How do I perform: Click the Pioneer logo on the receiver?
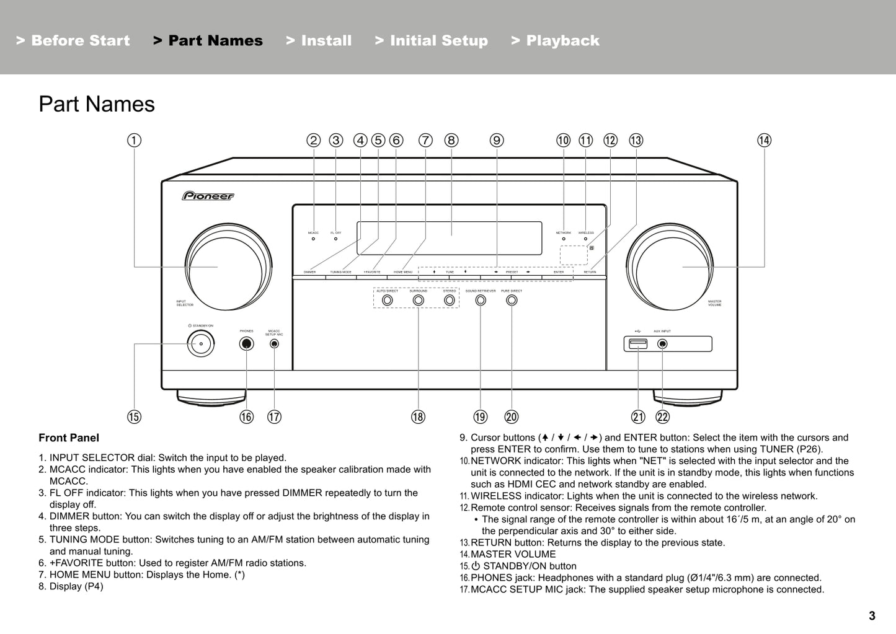pos(208,196)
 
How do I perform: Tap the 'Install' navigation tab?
pos(319,41)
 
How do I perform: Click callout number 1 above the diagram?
pos(134,140)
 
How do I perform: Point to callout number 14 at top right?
pos(764,140)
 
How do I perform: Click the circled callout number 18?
pos(418,417)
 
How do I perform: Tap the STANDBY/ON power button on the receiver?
pos(201,344)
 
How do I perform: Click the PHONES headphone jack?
pos(246,344)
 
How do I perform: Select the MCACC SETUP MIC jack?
pos(274,344)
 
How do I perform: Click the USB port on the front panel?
pos(638,344)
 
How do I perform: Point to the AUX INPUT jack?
pos(662,344)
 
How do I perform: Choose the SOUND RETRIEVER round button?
pos(481,301)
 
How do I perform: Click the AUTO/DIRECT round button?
pos(388,301)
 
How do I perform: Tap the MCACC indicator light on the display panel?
pos(313,239)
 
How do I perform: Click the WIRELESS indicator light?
pos(585,239)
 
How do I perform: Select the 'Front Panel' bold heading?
pos(69,438)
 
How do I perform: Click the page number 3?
pos(872,615)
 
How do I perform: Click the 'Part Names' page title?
pos(97,104)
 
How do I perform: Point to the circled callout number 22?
pos(662,417)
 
